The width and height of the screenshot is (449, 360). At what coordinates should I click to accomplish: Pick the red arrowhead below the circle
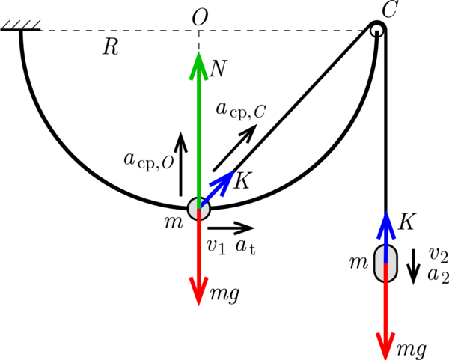coord(198,290)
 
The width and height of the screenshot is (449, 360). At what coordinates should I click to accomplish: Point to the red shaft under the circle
coord(198,247)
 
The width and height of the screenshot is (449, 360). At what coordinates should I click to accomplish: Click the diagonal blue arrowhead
coord(223,182)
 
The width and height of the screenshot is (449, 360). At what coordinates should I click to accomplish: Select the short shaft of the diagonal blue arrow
coord(207,200)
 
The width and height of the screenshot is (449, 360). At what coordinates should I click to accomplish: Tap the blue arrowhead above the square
coord(386,227)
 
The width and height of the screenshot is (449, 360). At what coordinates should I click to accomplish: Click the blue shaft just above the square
coord(386,249)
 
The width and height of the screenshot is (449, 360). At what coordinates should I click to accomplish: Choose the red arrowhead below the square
coord(385,344)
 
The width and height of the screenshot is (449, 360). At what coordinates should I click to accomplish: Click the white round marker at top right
coord(377,31)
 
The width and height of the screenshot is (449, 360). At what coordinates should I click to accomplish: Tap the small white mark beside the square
coord(397,242)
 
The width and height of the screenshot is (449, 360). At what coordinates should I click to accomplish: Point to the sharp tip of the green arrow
coord(198,51)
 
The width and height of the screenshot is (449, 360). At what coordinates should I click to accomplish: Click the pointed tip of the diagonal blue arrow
coord(235,171)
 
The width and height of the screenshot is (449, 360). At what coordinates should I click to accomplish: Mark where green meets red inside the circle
coord(198,209)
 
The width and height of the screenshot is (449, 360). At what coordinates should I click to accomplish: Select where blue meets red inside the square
coord(385,263)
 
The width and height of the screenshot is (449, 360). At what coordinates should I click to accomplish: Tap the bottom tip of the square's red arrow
coord(385,359)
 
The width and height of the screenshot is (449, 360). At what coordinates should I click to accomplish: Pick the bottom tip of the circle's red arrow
coord(198,305)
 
